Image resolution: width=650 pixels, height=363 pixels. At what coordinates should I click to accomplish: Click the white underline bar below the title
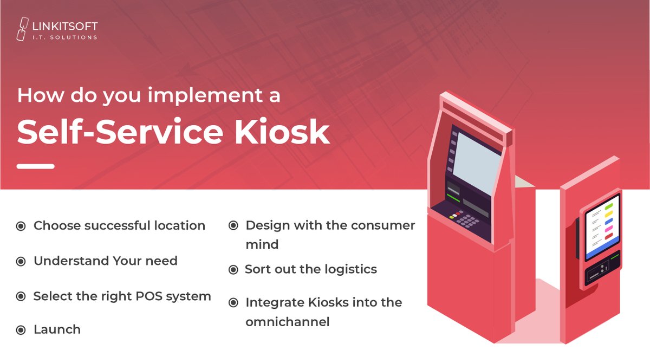pos(35,166)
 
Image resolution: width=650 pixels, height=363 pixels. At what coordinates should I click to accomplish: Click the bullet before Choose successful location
pos(21,226)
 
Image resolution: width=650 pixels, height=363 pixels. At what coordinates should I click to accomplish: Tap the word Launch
pos(57,329)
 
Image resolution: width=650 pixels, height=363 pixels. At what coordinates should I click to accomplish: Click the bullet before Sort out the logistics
pos(233,269)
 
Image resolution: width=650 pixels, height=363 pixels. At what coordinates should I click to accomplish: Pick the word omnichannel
pos(287,322)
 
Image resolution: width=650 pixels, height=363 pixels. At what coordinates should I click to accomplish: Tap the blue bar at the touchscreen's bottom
pos(602,250)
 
